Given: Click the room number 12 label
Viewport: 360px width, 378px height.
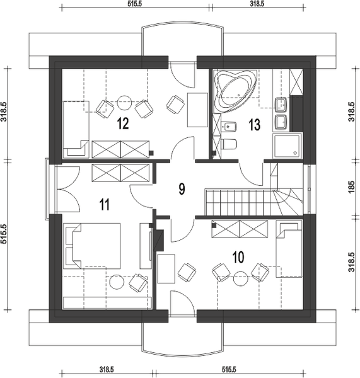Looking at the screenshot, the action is click(x=123, y=123).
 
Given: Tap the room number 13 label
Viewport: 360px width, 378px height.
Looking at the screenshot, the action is click(x=255, y=125).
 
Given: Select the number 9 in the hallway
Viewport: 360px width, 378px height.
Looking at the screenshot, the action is click(x=182, y=189).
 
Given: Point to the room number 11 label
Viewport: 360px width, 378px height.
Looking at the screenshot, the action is click(x=105, y=205).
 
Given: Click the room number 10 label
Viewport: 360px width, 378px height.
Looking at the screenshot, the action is click(x=238, y=257).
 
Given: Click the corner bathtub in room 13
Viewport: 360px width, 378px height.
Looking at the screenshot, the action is click(x=235, y=91).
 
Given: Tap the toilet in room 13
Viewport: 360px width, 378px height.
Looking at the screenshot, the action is click(x=228, y=144).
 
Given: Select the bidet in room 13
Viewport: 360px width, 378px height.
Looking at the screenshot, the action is click(x=229, y=127).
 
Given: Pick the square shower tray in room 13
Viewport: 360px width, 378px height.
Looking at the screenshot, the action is click(x=287, y=146).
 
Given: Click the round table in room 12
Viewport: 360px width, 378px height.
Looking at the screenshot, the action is click(x=124, y=102).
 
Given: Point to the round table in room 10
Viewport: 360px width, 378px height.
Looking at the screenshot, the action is click(x=240, y=278).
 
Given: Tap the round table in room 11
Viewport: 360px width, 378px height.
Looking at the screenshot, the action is click(x=117, y=282).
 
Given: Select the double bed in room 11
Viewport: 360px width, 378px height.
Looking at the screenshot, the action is click(x=92, y=246).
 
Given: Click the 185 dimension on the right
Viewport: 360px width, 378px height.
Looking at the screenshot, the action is click(x=352, y=186).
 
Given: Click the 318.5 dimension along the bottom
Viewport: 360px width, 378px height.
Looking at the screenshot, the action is click(x=107, y=369).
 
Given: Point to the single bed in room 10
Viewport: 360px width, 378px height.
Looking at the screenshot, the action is click(x=289, y=249).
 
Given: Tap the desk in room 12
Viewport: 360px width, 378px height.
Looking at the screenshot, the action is click(x=197, y=110).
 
